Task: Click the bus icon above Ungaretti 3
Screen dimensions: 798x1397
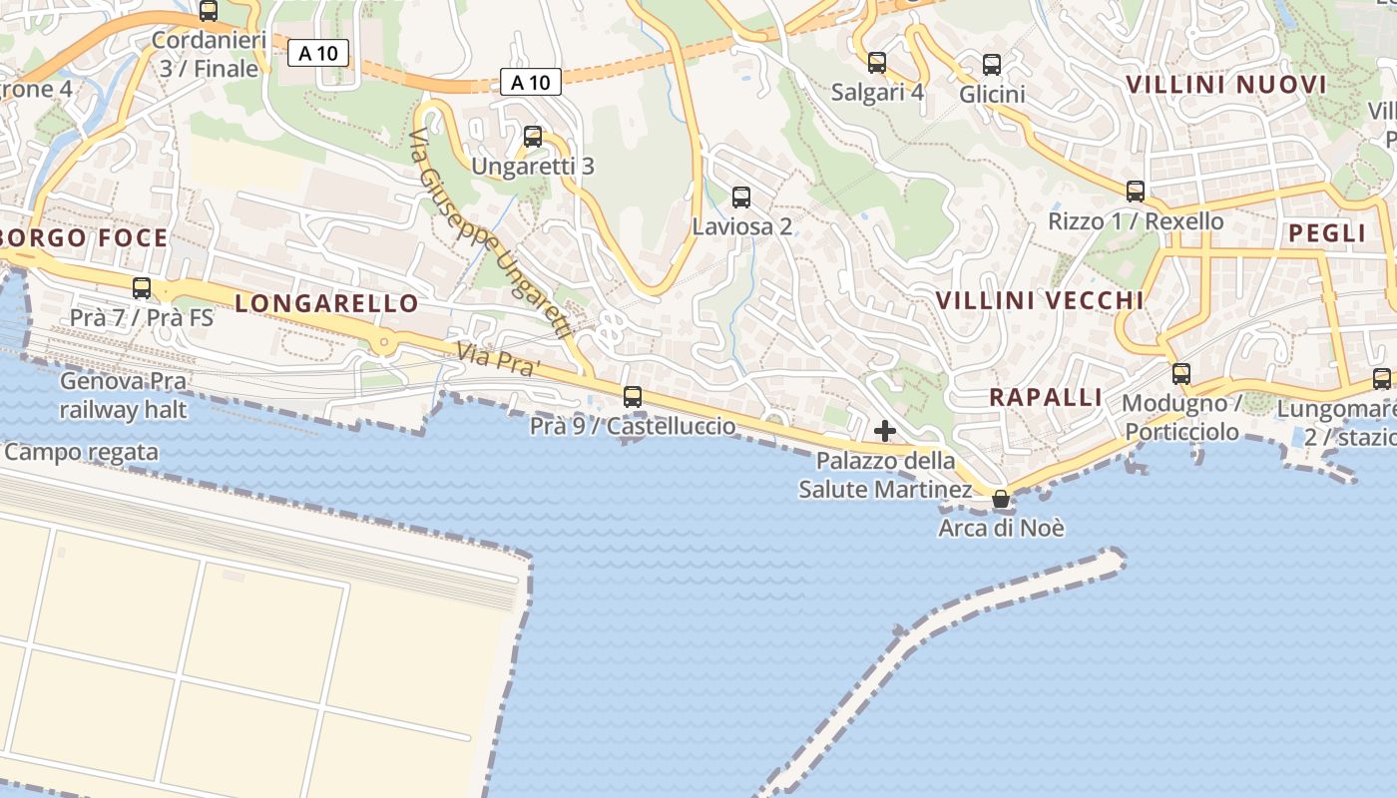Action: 533,137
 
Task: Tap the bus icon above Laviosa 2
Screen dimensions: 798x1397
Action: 740,197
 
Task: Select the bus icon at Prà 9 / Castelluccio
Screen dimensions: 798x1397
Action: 632,396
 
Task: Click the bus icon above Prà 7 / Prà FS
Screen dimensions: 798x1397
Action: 142,288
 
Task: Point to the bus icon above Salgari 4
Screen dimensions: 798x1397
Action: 876,63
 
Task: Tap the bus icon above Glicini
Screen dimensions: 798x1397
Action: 991,65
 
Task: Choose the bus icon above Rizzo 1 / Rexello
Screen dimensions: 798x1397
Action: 1135,191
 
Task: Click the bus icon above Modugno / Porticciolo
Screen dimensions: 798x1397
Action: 1180,374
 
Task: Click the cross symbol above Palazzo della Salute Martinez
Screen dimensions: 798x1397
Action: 884,431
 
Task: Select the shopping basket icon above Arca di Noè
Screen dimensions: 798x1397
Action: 1000,499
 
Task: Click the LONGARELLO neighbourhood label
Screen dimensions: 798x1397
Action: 326,304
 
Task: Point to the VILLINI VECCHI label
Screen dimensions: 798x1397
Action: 1040,300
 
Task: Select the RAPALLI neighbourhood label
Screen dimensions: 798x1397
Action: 1046,397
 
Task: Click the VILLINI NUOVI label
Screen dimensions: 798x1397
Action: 1226,85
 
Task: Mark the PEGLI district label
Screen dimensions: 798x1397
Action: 1326,233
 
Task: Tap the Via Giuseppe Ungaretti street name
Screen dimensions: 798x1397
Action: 489,236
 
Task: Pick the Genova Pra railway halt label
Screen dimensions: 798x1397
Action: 123,395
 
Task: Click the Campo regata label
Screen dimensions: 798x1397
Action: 81,452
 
